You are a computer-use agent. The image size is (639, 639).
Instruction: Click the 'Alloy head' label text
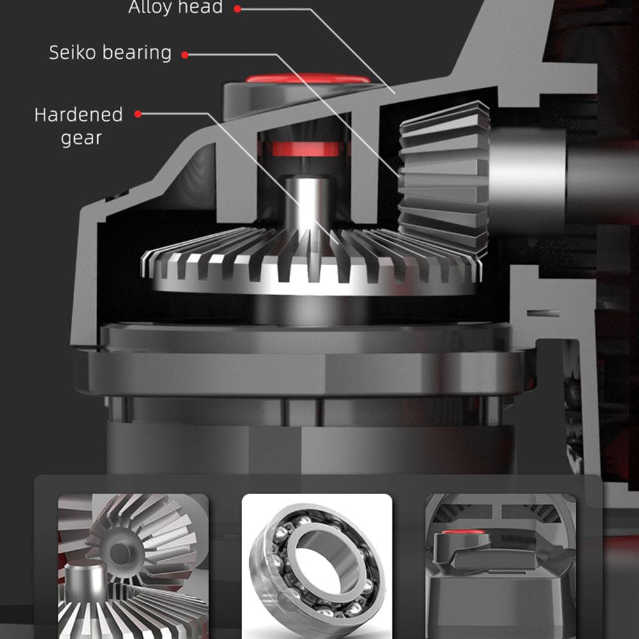click(x=176, y=8)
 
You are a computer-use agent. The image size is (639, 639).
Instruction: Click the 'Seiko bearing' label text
click(x=110, y=53)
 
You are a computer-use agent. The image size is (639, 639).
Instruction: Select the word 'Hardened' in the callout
click(x=78, y=115)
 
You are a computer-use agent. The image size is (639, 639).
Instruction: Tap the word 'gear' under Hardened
click(x=81, y=138)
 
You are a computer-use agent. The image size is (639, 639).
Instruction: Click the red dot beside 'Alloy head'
click(x=238, y=9)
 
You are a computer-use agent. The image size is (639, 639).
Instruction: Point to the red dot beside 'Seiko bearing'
click(x=185, y=55)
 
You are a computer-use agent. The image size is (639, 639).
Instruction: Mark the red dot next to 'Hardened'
click(x=137, y=114)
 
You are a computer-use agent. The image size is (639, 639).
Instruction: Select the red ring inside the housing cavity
click(x=305, y=149)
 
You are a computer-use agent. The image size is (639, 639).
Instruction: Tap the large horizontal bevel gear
click(x=309, y=262)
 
